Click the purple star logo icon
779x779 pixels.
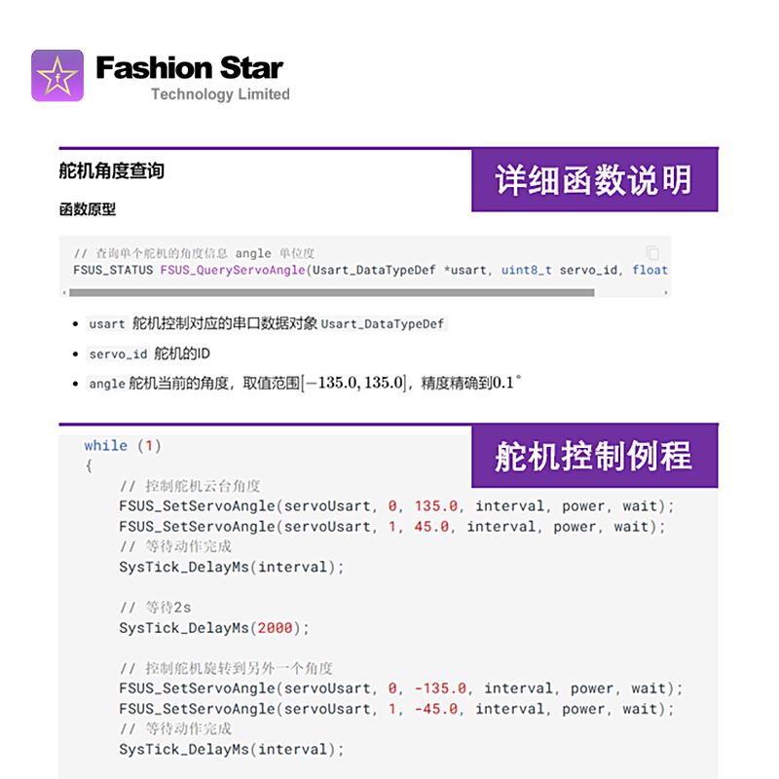58,75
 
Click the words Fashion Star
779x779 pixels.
189,68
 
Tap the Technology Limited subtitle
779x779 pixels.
220,94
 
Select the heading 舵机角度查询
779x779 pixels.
112,171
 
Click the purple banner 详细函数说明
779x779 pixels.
594,180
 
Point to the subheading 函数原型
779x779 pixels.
88,209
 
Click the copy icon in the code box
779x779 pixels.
652,252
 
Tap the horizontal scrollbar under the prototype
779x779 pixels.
331,292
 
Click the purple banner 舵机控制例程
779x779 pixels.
594,456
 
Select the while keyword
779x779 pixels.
105,446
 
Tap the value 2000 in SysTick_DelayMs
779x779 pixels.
276,628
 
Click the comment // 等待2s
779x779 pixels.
156,608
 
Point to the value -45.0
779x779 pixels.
436,709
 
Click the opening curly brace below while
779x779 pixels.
89,465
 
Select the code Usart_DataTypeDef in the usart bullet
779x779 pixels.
384,324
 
